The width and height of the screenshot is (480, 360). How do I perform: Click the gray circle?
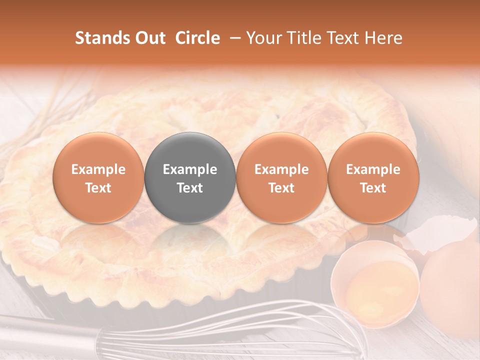[190, 177]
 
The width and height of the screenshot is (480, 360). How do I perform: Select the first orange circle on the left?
[98, 177]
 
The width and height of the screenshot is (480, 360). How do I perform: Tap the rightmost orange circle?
[373, 177]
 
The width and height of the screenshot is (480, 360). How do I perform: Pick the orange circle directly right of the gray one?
[281, 177]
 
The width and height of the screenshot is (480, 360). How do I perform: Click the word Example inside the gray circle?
[190, 169]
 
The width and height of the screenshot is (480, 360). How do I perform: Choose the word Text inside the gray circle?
[190, 188]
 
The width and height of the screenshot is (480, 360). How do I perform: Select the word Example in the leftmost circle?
[98, 169]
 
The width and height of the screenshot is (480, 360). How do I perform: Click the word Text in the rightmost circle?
[373, 188]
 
